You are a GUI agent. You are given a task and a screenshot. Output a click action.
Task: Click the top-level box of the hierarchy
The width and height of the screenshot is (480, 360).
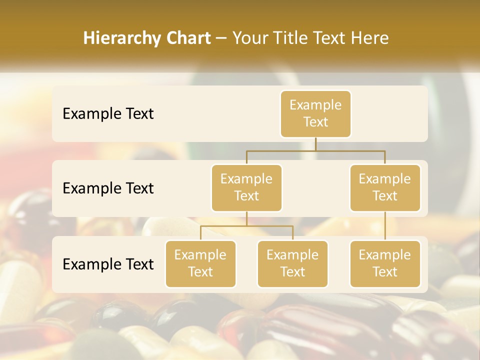click(x=315, y=113)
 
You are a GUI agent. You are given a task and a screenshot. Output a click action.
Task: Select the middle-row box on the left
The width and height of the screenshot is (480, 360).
click(x=246, y=187)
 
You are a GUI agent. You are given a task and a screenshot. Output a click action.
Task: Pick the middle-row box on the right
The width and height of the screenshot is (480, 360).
click(x=385, y=187)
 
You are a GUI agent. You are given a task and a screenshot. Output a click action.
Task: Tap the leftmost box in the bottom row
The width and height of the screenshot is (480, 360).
click(x=200, y=263)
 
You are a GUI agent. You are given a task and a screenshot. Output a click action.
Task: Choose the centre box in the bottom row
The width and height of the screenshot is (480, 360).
click(x=292, y=263)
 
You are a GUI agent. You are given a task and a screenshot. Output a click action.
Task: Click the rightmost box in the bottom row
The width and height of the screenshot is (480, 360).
click(x=385, y=263)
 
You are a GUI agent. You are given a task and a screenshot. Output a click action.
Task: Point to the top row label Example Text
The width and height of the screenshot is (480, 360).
click(x=108, y=113)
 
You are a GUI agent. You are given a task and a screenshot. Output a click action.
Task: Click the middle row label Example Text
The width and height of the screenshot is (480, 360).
click(x=108, y=188)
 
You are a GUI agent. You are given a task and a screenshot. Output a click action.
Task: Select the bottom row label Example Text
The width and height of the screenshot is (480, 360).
click(x=108, y=264)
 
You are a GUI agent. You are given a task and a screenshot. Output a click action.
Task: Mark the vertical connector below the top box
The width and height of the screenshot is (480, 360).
click(x=315, y=144)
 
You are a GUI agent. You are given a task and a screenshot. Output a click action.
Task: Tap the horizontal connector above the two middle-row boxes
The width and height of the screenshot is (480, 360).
click(x=315, y=150)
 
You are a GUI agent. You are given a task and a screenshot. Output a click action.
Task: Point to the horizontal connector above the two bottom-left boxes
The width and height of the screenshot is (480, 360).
click(x=246, y=226)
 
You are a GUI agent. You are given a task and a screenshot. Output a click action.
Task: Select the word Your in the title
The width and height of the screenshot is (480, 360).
click(x=249, y=38)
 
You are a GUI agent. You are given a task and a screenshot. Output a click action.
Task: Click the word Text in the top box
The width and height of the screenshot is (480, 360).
click(x=315, y=122)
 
